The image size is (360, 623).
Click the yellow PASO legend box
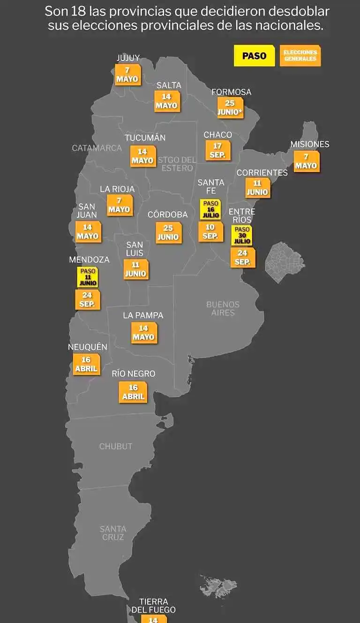pyautogui.click(x=254, y=56)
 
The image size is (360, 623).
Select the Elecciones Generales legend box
pyautogui.click(x=300, y=56)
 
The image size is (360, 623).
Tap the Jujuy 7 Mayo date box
pyautogui.click(x=127, y=74)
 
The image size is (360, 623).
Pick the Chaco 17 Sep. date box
pyautogui.click(x=217, y=150)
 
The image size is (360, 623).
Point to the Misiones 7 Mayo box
pyautogui.click(x=306, y=161)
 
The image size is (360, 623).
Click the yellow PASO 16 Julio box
pyautogui.click(x=210, y=209)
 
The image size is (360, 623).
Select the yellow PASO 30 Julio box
pyautogui.click(x=242, y=235)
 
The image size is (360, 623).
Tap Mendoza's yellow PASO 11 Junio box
pyautogui.click(x=88, y=277)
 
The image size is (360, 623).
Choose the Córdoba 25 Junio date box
pyautogui.click(x=168, y=232)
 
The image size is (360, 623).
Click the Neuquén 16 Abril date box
pyautogui.click(x=86, y=364)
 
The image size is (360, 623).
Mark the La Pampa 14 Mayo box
pyautogui.click(x=143, y=333)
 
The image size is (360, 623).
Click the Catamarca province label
pyautogui.click(x=97, y=148)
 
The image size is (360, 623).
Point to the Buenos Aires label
pyautogui.click(x=223, y=308)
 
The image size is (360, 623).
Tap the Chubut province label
pyautogui.click(x=116, y=446)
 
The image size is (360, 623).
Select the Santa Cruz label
pyautogui.click(x=113, y=533)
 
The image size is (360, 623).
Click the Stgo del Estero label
pyautogui.click(x=177, y=164)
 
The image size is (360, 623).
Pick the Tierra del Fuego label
pyautogui.click(x=153, y=606)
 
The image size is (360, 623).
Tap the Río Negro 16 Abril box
pyautogui.click(x=133, y=392)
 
